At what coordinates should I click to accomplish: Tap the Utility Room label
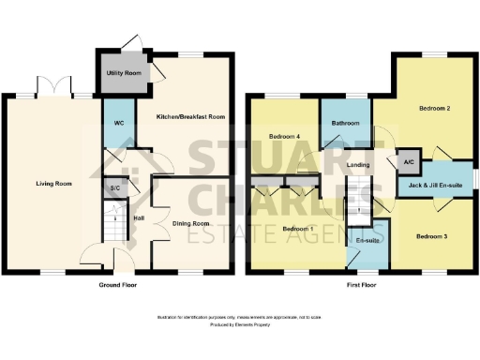click(x=124, y=72)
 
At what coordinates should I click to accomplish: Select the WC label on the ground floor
click(x=119, y=124)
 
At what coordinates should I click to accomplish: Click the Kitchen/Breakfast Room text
click(x=190, y=117)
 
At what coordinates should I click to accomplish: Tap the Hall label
click(x=139, y=218)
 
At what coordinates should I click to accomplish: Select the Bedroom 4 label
click(x=284, y=137)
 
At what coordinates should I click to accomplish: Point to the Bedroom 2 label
click(x=436, y=109)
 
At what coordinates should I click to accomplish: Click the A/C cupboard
click(x=408, y=160)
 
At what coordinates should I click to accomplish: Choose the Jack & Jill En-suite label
click(x=436, y=185)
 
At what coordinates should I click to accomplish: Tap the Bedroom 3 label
click(x=431, y=235)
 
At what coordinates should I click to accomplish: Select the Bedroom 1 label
click(x=297, y=229)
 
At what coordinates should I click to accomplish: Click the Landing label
click(x=356, y=166)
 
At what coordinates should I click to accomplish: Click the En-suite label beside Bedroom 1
click(x=367, y=241)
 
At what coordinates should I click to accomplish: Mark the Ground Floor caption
click(x=117, y=283)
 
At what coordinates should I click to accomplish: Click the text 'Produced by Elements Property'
click(x=239, y=324)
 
